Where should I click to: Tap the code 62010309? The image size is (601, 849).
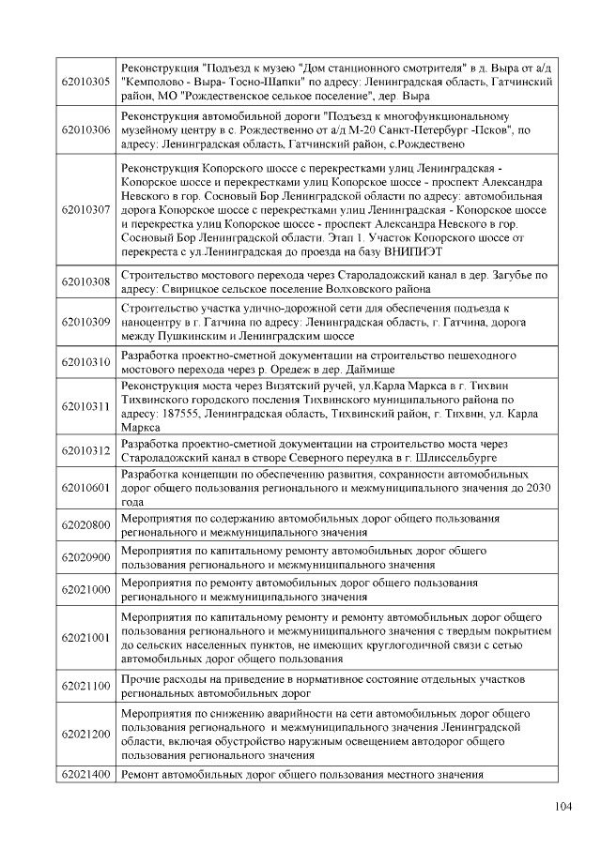[x=85, y=321]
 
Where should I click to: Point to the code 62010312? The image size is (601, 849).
[x=85, y=450]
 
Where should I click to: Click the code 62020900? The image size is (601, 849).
[x=85, y=557]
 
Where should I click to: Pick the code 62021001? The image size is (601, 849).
[x=85, y=638]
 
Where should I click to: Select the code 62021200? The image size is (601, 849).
[x=85, y=734]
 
